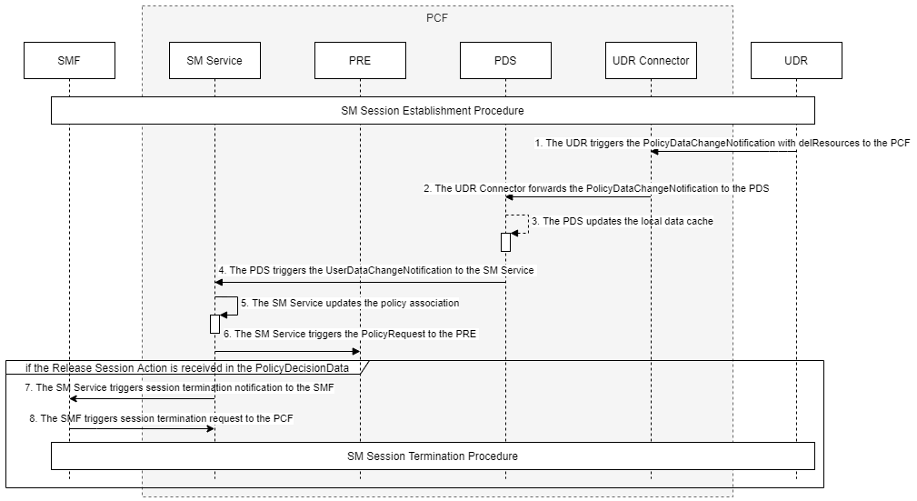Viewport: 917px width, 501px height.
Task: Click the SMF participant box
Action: click(x=69, y=61)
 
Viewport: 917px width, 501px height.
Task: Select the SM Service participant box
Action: click(x=214, y=61)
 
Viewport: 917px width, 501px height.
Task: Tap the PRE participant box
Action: click(x=360, y=61)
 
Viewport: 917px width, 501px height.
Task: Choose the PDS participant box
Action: click(x=505, y=61)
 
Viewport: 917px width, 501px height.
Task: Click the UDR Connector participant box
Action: click(x=651, y=61)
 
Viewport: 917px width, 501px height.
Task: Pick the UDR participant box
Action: click(x=796, y=61)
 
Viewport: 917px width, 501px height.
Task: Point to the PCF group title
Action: click(x=437, y=17)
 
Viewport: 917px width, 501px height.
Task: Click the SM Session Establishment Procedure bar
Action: click(x=433, y=111)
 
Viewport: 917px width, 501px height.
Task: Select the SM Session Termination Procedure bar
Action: click(x=433, y=456)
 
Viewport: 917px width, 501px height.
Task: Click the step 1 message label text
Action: click(x=723, y=143)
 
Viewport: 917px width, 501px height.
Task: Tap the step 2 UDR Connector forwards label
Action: click(x=596, y=188)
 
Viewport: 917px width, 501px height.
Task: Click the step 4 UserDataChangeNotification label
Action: click(x=376, y=270)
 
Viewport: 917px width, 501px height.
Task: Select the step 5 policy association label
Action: click(x=350, y=303)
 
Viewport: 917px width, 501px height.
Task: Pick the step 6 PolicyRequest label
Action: click(x=350, y=334)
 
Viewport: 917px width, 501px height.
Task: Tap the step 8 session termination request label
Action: click(x=161, y=418)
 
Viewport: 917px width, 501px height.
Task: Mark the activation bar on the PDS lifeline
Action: click(x=505, y=242)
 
